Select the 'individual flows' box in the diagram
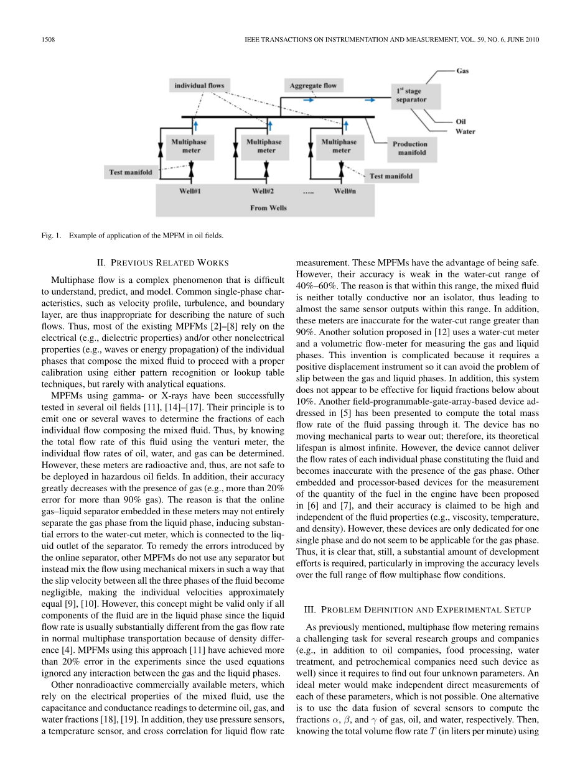coord(199,85)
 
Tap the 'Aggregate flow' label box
coord(313,85)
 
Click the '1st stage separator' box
coord(416,95)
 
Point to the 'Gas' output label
coord(463,71)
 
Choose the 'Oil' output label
coord(461,122)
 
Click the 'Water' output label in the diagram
coord(465,131)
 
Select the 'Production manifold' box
coord(409,148)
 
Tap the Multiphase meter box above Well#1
coord(189,146)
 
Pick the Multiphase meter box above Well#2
coord(263,146)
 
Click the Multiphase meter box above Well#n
coord(339,146)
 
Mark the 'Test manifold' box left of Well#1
coord(130,172)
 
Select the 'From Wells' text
coord(268,208)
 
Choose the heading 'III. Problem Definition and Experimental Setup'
coord(417,610)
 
